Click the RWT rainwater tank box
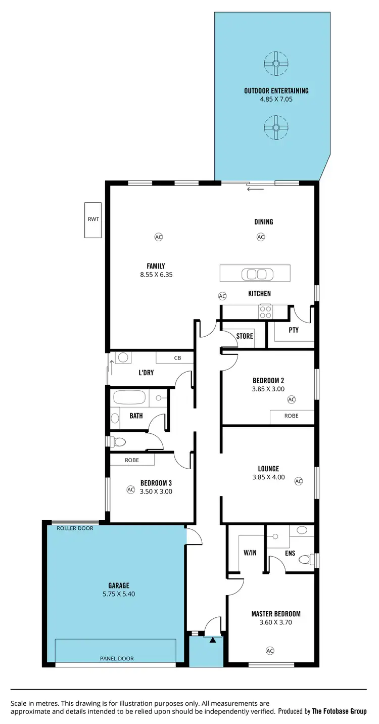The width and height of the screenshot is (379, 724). (x=93, y=220)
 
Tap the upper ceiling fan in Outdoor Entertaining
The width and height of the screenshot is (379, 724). (x=276, y=63)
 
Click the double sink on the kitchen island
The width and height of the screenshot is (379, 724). (x=255, y=274)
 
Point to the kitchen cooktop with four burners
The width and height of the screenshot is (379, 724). (x=265, y=312)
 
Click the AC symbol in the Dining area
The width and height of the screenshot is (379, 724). (x=261, y=237)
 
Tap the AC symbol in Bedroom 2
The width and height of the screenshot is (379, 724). (x=291, y=399)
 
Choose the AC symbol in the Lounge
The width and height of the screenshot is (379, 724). (x=298, y=481)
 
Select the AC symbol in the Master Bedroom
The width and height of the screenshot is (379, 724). (x=270, y=650)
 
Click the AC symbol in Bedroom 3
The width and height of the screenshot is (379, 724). (x=130, y=489)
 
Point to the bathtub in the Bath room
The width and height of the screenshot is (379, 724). (x=129, y=397)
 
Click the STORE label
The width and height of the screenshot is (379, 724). (x=245, y=336)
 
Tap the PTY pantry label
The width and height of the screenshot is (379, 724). (x=294, y=330)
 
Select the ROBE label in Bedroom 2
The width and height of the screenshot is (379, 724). (x=292, y=416)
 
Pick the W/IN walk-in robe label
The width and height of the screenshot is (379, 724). (x=250, y=553)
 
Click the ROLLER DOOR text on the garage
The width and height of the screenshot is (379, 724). (x=74, y=528)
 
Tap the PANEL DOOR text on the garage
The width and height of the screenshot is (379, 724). (x=117, y=658)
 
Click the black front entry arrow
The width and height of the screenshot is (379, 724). (x=213, y=640)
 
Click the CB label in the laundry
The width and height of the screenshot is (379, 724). (x=177, y=358)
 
